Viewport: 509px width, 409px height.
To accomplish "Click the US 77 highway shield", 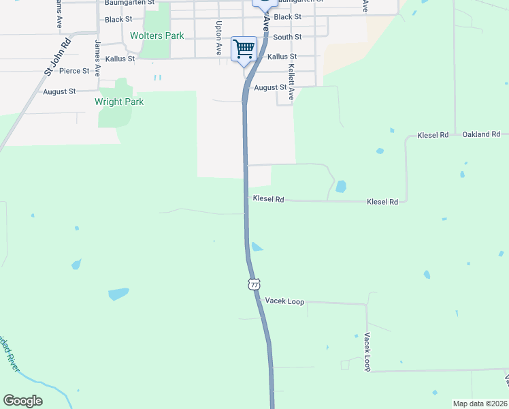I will (254, 284).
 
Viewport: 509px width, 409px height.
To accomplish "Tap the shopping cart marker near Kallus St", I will (244, 49).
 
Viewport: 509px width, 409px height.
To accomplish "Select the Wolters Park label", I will (157, 35).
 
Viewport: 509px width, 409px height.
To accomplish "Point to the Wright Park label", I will (119, 102).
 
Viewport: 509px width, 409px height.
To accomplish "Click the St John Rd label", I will (58, 55).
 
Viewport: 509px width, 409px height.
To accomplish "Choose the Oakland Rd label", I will (481, 134).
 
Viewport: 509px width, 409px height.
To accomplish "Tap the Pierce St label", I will (74, 71).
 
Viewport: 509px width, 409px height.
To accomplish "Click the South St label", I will (287, 37).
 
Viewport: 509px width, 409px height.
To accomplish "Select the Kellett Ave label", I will (291, 82).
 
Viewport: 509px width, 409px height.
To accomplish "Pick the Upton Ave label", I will (218, 38).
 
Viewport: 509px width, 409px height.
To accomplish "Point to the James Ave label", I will (98, 57).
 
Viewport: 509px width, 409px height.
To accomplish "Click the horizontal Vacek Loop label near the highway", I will (284, 301).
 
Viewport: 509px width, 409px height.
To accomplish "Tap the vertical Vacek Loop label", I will (367, 352).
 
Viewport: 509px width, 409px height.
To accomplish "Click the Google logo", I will (22, 401).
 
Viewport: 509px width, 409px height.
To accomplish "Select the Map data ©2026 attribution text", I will (480, 404).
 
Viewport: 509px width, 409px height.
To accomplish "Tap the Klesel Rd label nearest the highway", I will (268, 199).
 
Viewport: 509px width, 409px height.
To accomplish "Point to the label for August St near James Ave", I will (59, 91).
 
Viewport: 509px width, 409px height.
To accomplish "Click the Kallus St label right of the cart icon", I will (282, 57).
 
